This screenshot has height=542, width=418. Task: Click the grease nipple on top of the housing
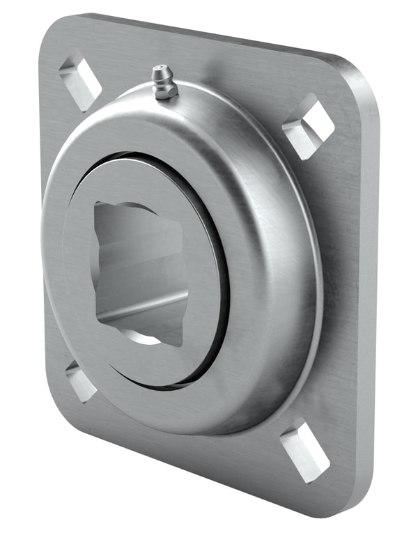pos(164,82)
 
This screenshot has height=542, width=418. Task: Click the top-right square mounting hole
pos(307,125)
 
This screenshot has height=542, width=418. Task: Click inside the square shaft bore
pos(139,272)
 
